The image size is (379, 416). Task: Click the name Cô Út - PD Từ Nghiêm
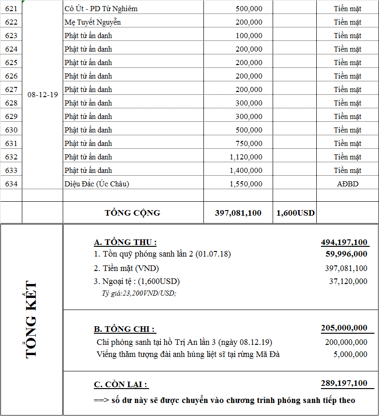101,8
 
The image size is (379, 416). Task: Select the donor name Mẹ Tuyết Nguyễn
92,22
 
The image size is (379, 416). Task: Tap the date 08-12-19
43,94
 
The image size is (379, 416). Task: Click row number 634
11,184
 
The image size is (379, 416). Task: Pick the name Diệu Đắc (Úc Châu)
97,184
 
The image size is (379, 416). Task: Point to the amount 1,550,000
246,184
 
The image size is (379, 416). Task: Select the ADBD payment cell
347,184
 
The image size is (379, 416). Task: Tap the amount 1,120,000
246,157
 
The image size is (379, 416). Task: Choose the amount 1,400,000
246,170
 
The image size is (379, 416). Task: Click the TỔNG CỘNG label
132,213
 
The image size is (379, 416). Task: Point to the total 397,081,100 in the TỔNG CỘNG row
238,213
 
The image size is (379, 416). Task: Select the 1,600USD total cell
295,213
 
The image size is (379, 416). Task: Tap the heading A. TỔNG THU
125,242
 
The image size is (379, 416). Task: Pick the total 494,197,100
344,242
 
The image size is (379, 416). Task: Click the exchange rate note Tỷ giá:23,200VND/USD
139,293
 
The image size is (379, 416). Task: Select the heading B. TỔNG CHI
124,329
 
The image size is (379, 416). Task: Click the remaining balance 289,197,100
344,383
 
